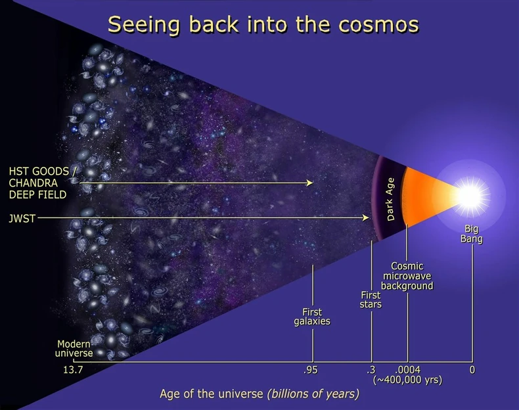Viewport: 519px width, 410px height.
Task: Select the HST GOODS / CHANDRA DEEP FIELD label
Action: click(39, 182)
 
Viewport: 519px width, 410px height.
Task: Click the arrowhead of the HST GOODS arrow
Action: click(311, 183)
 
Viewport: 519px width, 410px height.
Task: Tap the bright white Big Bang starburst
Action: click(471, 194)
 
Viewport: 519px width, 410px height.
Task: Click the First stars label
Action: click(371, 300)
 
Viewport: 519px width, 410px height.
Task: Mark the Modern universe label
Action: click(74, 348)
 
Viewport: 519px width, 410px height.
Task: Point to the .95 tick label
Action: click(311, 371)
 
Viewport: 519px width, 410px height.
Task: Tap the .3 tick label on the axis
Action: click(371, 371)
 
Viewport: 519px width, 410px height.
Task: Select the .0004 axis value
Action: click(407, 371)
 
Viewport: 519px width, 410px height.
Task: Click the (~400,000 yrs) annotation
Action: click(407, 380)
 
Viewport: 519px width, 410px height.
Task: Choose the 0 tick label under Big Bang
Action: click(472, 371)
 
